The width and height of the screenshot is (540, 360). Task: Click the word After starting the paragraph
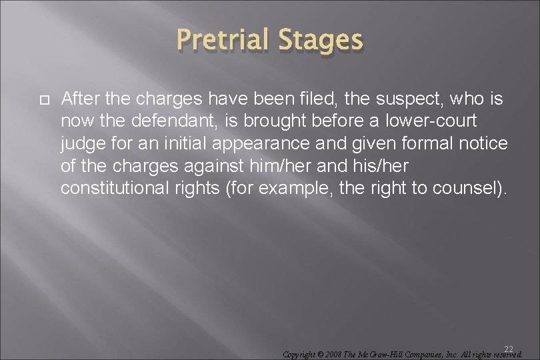click(80, 100)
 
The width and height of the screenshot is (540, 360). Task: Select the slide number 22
click(509, 348)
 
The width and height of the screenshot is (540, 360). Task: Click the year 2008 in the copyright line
click(333, 355)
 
